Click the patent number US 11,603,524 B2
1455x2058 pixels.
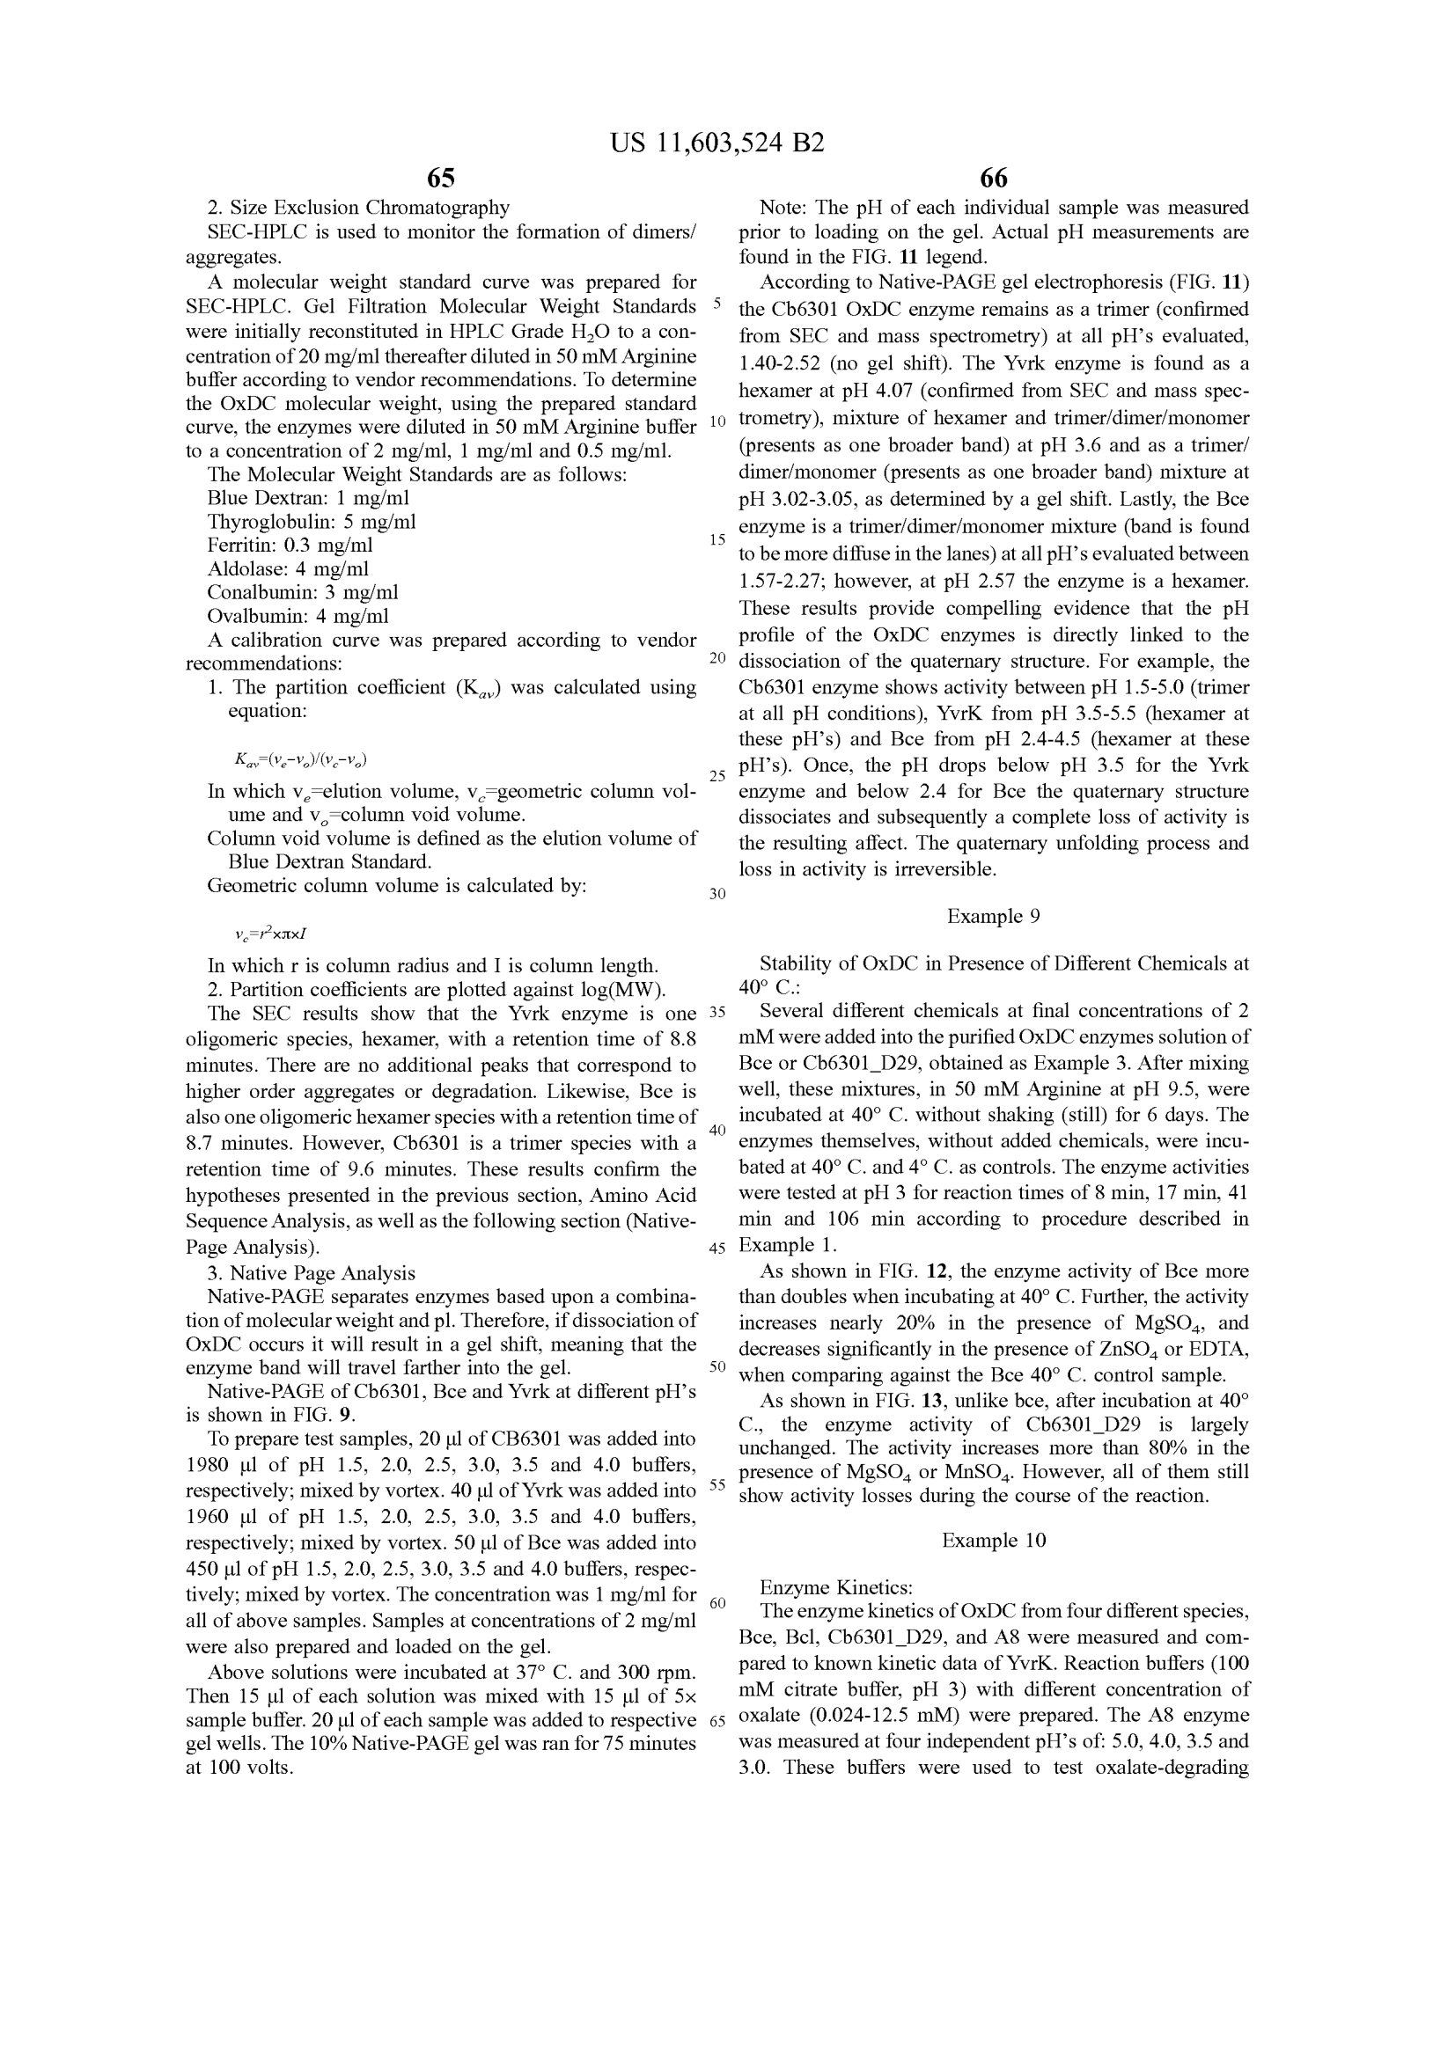716,143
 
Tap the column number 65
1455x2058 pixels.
441,178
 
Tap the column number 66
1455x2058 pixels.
993,178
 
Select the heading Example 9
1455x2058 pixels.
993,916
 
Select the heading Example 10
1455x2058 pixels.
993,1540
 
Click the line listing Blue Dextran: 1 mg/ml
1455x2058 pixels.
308,498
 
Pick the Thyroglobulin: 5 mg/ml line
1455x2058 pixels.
311,522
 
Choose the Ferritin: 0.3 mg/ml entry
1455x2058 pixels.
290,545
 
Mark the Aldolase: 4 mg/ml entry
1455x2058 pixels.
288,569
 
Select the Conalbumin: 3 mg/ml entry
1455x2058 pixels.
302,592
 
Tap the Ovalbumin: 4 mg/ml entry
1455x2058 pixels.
298,616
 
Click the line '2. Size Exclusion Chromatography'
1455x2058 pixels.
358,208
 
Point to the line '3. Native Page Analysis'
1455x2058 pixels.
311,1273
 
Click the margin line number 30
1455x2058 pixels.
717,894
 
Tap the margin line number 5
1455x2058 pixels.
717,302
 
